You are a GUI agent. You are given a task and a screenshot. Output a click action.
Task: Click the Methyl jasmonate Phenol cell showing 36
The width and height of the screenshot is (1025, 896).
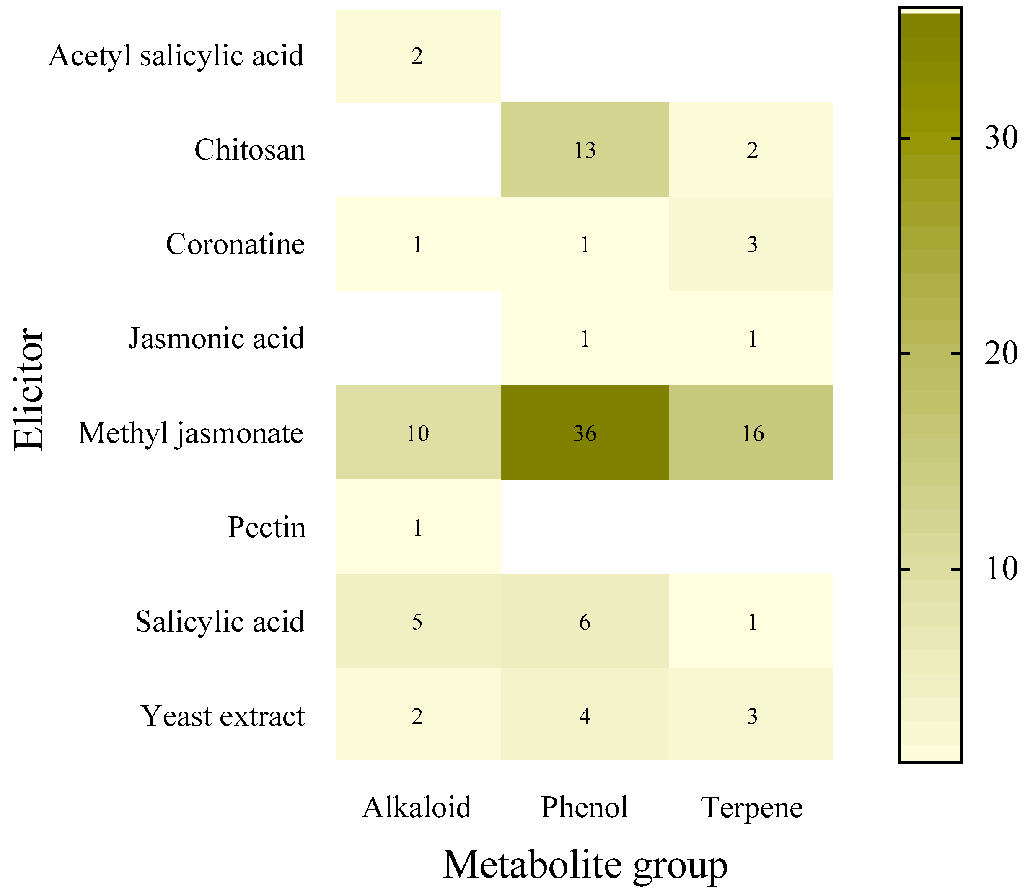point(585,432)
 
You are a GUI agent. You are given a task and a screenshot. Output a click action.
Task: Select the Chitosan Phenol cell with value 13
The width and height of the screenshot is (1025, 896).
point(585,150)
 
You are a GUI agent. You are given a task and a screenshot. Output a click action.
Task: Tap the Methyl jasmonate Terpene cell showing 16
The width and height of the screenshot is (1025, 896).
point(751,432)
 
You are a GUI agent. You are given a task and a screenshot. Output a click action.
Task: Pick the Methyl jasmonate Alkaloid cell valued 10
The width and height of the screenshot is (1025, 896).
point(417,432)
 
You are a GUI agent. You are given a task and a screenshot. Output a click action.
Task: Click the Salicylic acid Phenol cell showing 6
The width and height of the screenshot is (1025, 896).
point(585,622)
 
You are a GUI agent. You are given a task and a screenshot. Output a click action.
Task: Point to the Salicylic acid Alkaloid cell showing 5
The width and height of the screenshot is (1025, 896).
point(417,622)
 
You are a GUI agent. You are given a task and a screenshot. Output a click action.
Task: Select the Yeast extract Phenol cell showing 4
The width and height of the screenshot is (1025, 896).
point(585,716)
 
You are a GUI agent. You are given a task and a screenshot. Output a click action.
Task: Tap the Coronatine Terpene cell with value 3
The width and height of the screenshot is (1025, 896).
point(751,244)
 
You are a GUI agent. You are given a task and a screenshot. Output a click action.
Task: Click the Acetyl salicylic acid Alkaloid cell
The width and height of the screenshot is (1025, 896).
point(417,56)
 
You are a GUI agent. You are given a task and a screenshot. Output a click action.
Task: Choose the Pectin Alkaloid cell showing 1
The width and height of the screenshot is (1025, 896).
point(417,527)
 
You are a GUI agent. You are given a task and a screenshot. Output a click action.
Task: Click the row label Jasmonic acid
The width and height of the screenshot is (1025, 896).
point(217,339)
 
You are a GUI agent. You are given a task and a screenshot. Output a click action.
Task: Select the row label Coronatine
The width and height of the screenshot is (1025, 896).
point(235,244)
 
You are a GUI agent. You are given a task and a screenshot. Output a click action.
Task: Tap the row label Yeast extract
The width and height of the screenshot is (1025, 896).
point(223,716)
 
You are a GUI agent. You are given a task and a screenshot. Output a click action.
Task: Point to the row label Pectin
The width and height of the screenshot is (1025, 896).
point(267,527)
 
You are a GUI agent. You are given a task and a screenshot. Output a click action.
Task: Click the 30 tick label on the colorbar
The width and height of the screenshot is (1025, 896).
point(1001,137)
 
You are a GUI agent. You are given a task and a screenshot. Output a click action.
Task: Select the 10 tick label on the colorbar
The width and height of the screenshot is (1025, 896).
point(1001,569)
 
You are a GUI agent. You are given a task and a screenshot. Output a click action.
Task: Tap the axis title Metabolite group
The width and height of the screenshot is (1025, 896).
point(585,864)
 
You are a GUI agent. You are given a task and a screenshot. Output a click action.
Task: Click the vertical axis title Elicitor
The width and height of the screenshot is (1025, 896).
point(29,389)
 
